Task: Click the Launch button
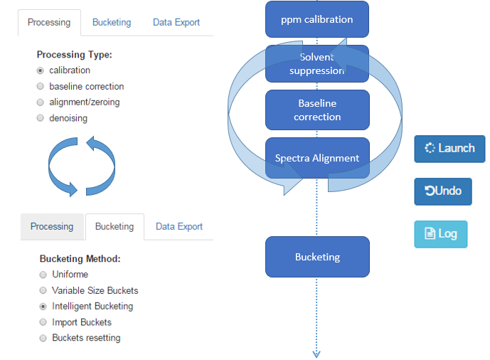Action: click(x=449, y=149)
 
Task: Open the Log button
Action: click(x=441, y=234)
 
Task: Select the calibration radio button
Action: click(x=41, y=70)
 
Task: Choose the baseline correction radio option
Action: click(x=41, y=86)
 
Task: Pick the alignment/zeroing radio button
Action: click(x=41, y=102)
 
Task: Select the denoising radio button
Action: click(x=41, y=118)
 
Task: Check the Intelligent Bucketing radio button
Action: click(x=43, y=307)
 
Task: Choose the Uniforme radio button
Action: click(x=43, y=275)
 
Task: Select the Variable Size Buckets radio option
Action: click(x=43, y=290)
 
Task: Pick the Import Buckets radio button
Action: click(x=43, y=322)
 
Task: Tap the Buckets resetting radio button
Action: click(x=43, y=338)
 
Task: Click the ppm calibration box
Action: click(x=317, y=19)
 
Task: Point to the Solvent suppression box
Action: click(x=317, y=64)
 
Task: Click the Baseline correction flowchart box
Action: click(x=317, y=110)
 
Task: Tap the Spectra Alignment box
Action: click(x=317, y=158)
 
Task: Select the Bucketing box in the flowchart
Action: click(x=317, y=257)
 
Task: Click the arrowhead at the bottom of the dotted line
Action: click(x=316, y=354)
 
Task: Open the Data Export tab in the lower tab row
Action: click(x=179, y=226)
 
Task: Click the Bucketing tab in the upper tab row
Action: click(x=112, y=23)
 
